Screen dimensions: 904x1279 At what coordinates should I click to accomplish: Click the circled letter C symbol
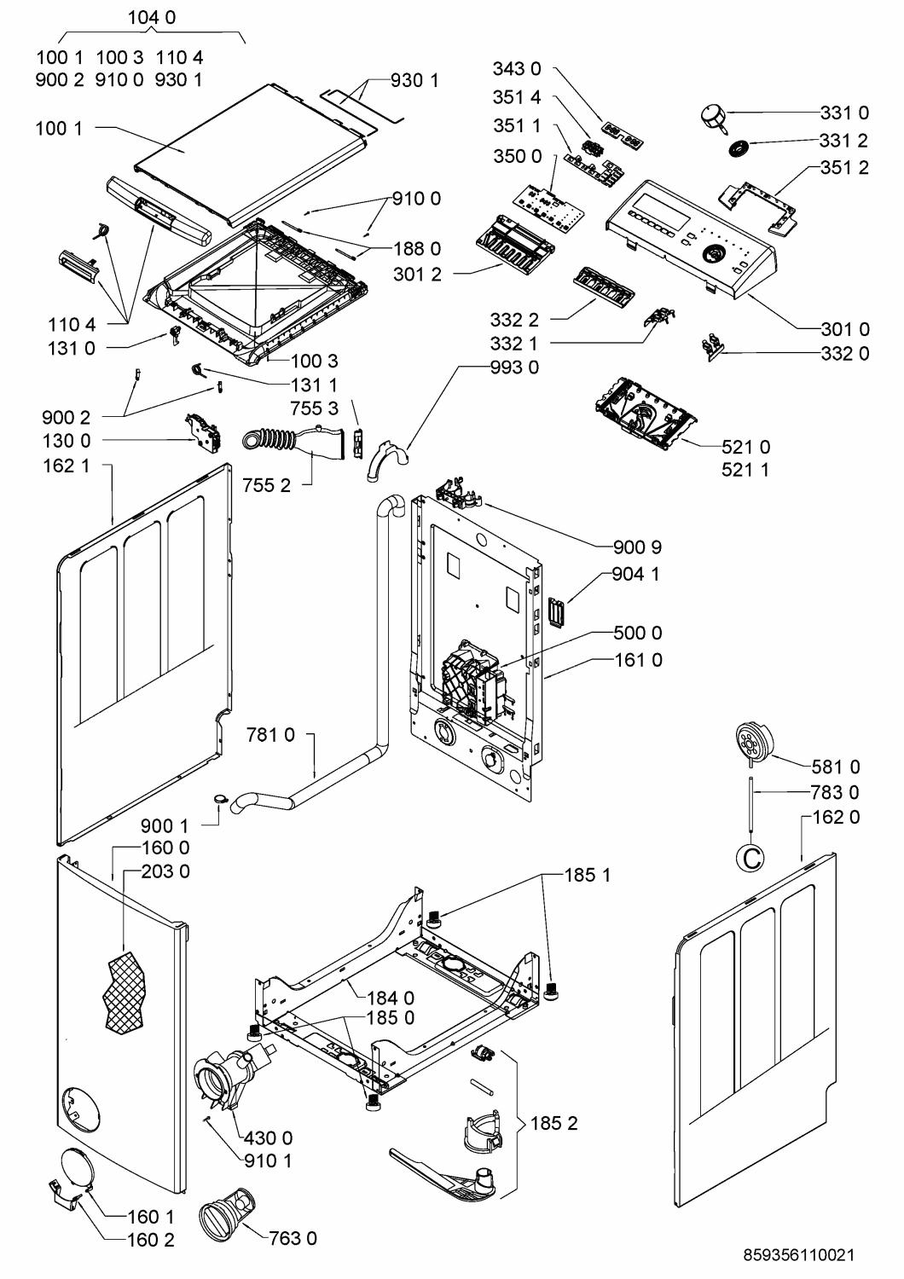(751, 858)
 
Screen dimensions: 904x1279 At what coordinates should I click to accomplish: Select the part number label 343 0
(517, 69)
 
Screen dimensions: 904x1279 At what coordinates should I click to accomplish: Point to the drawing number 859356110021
(798, 1255)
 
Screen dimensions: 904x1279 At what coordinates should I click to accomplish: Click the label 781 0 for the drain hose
(270, 735)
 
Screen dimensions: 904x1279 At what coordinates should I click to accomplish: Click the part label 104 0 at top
(151, 18)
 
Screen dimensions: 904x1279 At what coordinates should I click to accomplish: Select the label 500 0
(638, 633)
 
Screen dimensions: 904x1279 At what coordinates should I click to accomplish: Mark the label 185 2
(554, 1123)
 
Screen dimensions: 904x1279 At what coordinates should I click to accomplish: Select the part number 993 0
(514, 367)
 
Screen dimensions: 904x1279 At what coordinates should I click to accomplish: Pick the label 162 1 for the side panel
(67, 466)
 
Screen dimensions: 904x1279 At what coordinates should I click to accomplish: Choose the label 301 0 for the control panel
(845, 329)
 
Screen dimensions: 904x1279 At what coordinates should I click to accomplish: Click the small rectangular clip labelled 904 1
(556, 612)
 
